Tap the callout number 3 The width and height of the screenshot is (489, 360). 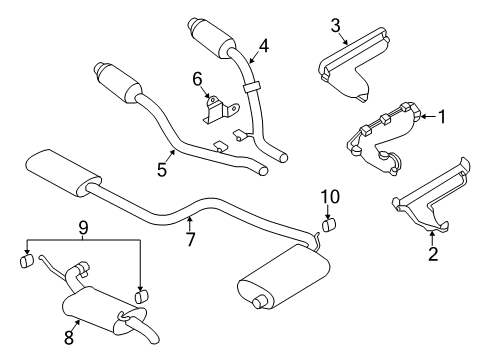[336, 25]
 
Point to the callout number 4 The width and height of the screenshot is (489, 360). [264, 44]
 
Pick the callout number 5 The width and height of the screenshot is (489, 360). [161, 170]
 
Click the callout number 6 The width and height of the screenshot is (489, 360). [197, 77]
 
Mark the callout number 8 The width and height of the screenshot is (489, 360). [69, 338]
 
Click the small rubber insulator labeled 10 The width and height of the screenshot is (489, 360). [328, 225]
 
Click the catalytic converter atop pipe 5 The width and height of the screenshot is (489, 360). [121, 81]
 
